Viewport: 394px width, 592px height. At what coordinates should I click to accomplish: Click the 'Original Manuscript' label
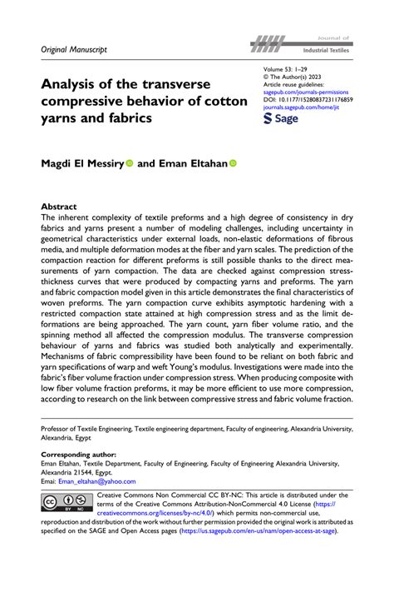point(74,50)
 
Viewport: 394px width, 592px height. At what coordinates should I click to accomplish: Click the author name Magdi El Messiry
point(81,163)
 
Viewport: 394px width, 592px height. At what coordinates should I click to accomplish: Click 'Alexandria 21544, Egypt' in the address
point(86,472)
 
